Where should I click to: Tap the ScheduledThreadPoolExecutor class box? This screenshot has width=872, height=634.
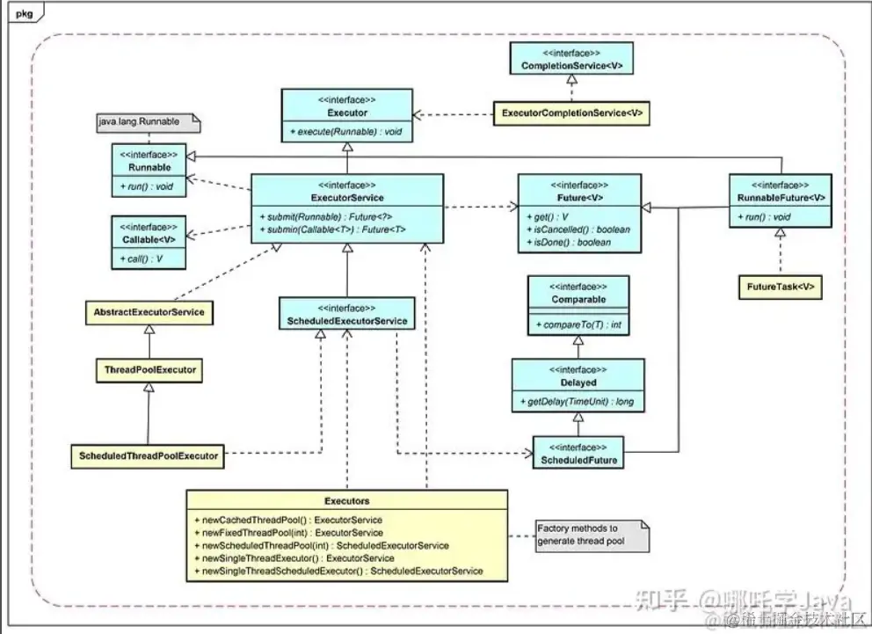pos(148,456)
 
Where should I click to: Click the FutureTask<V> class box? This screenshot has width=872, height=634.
pos(780,287)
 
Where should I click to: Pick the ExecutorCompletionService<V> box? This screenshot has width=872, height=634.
pos(571,113)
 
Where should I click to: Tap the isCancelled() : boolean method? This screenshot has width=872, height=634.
pos(577,230)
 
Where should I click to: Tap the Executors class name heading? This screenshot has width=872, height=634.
pos(346,500)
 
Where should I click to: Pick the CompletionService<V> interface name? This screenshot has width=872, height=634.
pos(571,66)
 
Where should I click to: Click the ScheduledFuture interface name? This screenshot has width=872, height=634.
pos(578,460)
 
